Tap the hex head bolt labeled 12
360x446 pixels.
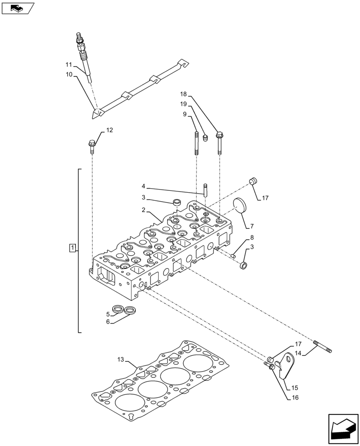point(92,146)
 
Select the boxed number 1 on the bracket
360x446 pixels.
point(73,248)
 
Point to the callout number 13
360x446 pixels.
point(121,360)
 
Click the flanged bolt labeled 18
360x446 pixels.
point(219,142)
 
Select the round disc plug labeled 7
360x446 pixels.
point(242,208)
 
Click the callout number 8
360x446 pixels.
point(252,238)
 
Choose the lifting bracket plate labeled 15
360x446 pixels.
point(286,365)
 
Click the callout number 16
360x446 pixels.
point(295,397)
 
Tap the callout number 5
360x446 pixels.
point(107,314)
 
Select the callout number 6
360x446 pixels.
point(107,322)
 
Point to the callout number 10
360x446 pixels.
point(69,74)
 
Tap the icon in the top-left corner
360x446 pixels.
point(18,8)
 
